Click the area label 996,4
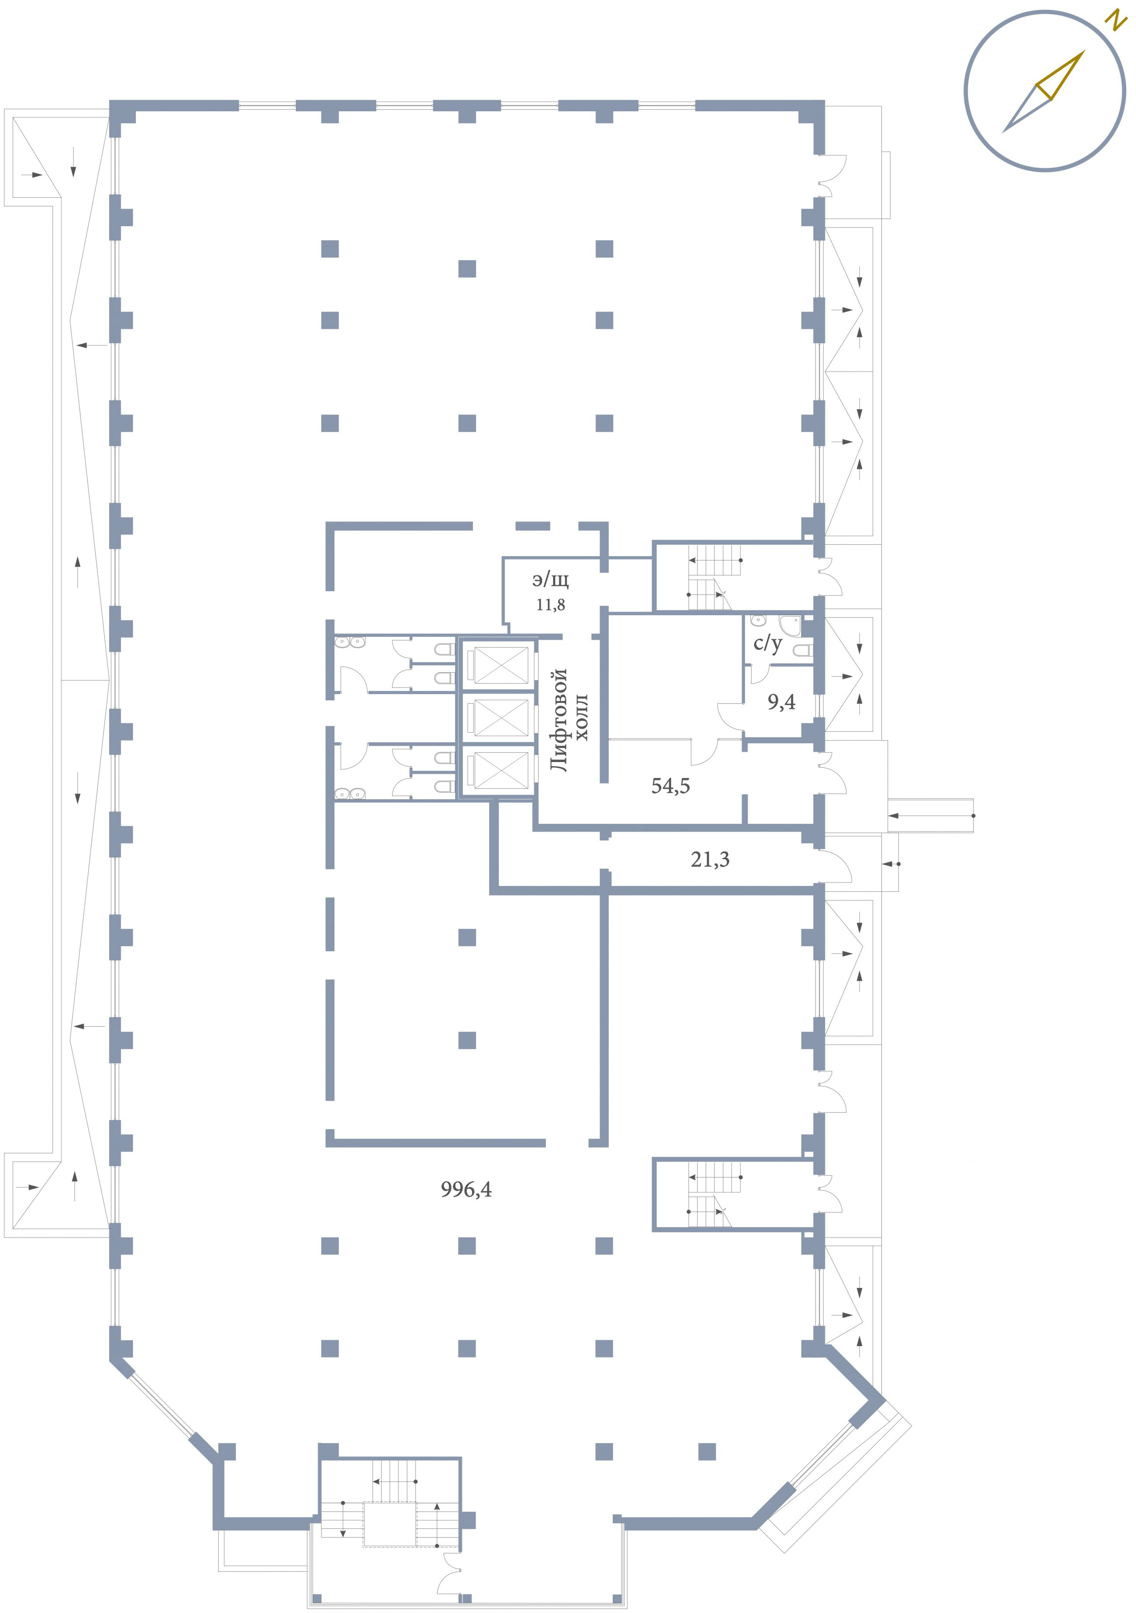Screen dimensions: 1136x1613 [x=466, y=1189]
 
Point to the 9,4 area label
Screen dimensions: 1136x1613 [x=781, y=701]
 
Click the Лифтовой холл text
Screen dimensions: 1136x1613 [x=568, y=720]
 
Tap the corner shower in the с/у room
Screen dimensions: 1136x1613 [x=790, y=626]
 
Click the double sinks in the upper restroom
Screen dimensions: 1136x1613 [x=349, y=642]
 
